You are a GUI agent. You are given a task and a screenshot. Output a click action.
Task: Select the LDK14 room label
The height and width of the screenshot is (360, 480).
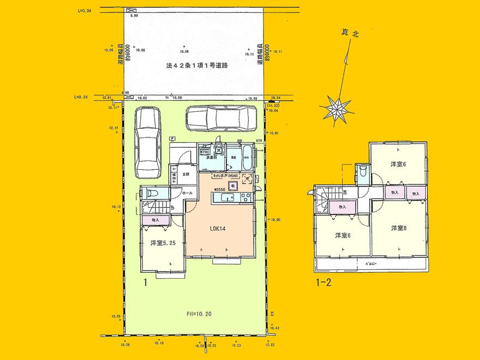coord(218,230)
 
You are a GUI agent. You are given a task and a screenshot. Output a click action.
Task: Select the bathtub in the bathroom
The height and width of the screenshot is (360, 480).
coord(246,156)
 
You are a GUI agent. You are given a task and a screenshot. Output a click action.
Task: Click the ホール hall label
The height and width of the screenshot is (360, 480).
coord(187,193)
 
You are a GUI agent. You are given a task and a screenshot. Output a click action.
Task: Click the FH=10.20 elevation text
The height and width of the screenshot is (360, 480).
coord(196,314)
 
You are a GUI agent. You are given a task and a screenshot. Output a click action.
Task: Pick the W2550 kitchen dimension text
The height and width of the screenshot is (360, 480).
coord(219,189)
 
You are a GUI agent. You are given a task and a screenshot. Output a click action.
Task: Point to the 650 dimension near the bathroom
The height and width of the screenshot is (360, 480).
coord(260,141)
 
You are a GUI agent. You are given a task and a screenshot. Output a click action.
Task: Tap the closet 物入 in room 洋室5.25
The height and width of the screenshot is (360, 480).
coord(155,220)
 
